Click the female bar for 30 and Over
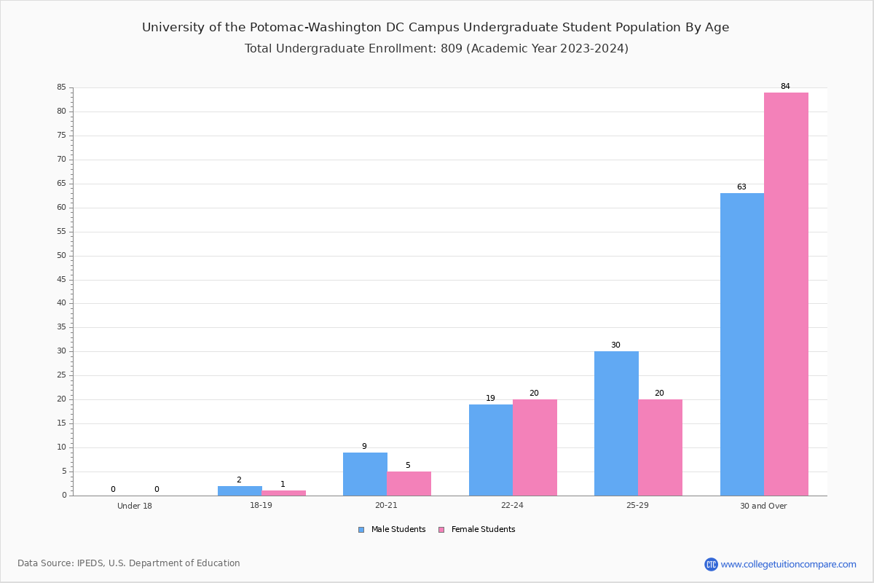pyautogui.click(x=786, y=294)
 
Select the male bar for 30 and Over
pyautogui.click(x=742, y=345)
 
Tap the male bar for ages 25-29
pyautogui.click(x=616, y=423)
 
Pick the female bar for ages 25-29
pyautogui.click(x=660, y=447)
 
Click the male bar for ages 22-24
pyautogui.click(x=491, y=450)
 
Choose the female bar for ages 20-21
pyautogui.click(x=409, y=484)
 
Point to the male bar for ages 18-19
pyautogui.click(x=240, y=491)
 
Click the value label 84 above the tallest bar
pyautogui.click(x=785, y=86)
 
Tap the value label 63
pyautogui.click(x=741, y=187)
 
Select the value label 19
pyautogui.click(x=490, y=398)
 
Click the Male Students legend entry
pyautogui.click(x=392, y=529)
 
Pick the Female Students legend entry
pyautogui.click(x=477, y=529)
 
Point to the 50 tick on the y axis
pyautogui.click(x=62, y=255)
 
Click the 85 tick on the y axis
pyautogui.click(x=62, y=87)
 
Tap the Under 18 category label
pyautogui.click(x=135, y=506)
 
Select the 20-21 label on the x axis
pyautogui.click(x=386, y=505)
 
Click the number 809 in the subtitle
pyautogui.click(x=452, y=48)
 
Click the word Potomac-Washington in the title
pyautogui.click(x=315, y=28)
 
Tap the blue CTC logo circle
pyautogui.click(x=711, y=564)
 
